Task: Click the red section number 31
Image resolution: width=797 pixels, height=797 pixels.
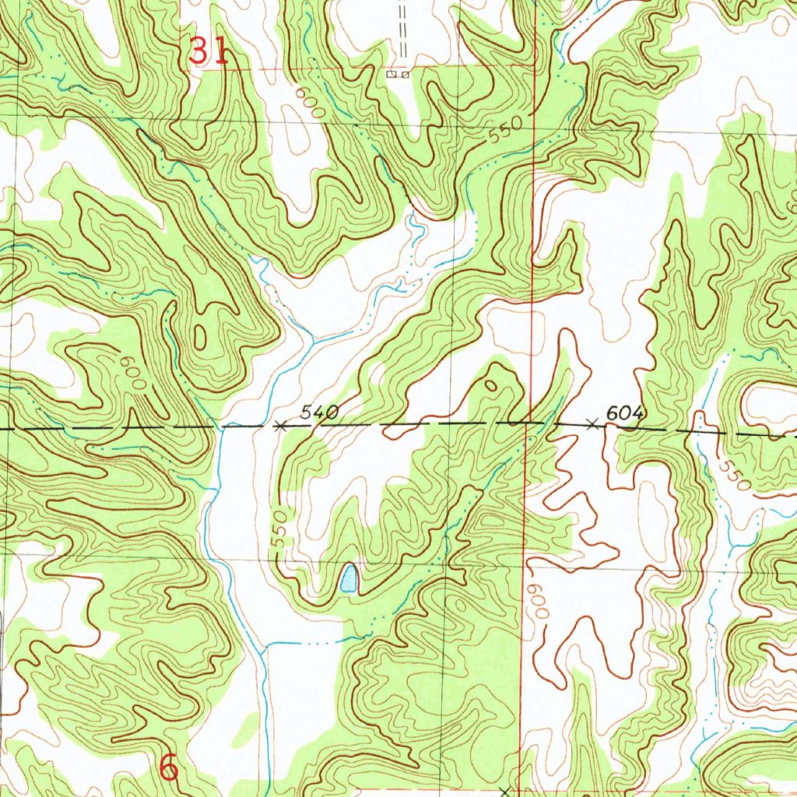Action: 209,52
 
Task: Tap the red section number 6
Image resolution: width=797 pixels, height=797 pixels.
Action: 168,767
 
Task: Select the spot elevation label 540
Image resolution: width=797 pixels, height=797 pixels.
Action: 320,413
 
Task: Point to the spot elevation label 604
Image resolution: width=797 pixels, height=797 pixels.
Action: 625,414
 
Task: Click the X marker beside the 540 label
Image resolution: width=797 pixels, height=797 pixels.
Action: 281,426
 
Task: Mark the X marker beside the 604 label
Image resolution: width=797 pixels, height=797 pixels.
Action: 592,424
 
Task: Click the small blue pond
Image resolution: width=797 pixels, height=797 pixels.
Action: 348,579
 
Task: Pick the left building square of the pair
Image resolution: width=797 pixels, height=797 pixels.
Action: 391,75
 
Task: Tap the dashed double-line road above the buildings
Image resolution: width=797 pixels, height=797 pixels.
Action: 403,31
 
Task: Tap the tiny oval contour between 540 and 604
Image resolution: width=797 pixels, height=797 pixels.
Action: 490,384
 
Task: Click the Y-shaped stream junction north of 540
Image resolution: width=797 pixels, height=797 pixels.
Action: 312,341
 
